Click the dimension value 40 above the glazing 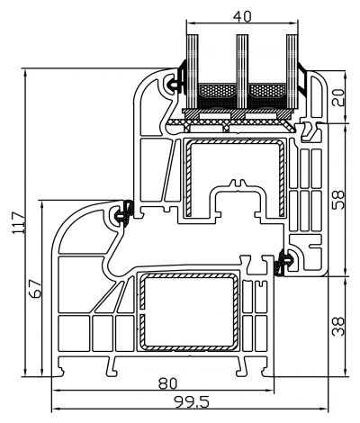pyautogui.click(x=240, y=15)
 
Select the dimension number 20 pyautogui.click(x=337, y=97)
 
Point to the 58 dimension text pyautogui.click(x=337, y=197)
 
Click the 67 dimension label pyautogui.click(x=35, y=289)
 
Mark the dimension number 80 pyautogui.click(x=166, y=382)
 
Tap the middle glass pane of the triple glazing pyautogui.click(x=240, y=67)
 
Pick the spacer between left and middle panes pyautogui.click(x=215, y=92)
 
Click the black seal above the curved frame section pyautogui.click(x=125, y=212)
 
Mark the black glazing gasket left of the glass pyautogui.click(x=180, y=77)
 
